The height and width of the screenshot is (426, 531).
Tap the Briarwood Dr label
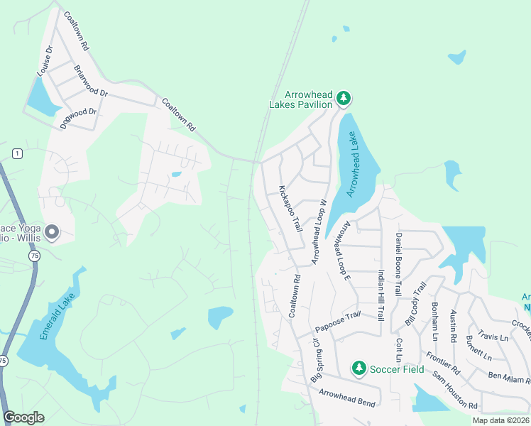click(x=91, y=82)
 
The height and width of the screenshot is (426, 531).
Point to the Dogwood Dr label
click(x=79, y=111)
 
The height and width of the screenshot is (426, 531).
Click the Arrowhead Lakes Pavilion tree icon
click(x=344, y=98)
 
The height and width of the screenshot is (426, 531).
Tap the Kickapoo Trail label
click(x=290, y=209)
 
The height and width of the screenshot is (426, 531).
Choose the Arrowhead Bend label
click(x=346, y=398)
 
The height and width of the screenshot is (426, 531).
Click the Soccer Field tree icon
click(x=358, y=368)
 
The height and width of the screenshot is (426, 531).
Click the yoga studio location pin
click(x=51, y=231)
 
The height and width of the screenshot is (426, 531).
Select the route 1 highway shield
click(x=16, y=154)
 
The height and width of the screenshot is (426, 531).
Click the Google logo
click(x=23, y=417)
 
